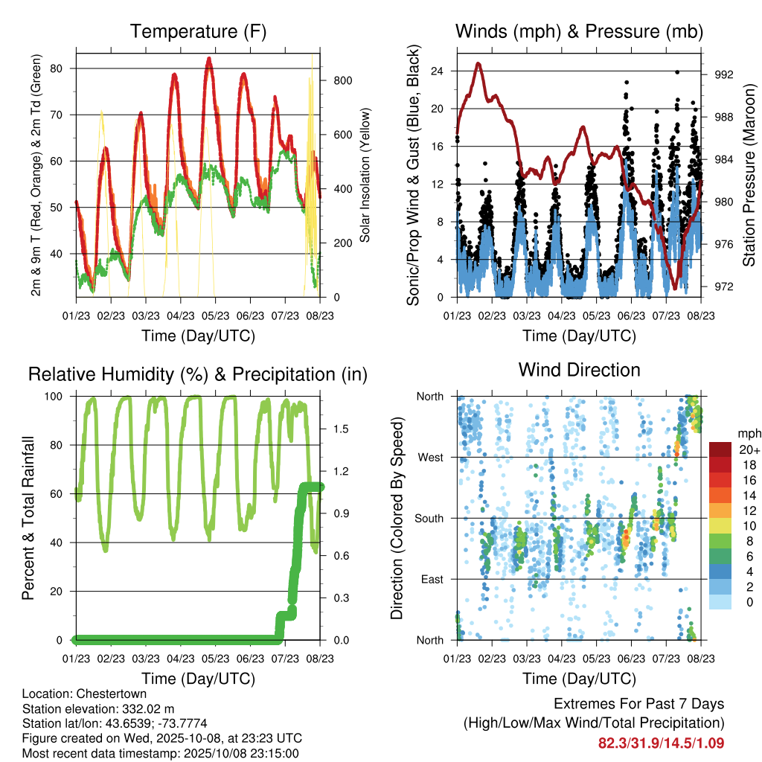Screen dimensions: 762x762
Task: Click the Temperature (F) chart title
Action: (198, 31)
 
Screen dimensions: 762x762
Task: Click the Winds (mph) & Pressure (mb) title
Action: (579, 31)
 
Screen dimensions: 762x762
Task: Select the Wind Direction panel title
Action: (579, 370)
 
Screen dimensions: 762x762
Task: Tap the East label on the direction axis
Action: (431, 579)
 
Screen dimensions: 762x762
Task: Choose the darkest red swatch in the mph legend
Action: (720, 449)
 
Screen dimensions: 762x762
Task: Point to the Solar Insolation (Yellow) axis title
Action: (365, 177)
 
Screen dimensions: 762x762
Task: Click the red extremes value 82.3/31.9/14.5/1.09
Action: (661, 743)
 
